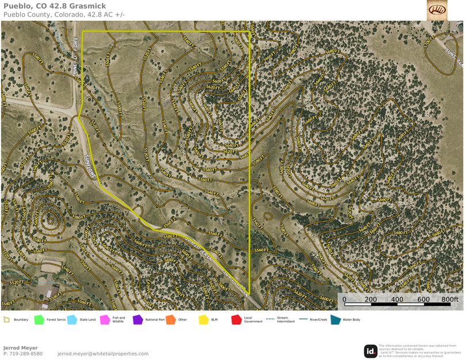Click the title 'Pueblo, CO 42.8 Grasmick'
click(54, 6)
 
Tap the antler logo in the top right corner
click(437, 10)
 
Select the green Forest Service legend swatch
click(39, 320)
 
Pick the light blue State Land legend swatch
click(73, 320)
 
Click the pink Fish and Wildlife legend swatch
click(105, 320)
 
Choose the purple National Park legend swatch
click(138, 320)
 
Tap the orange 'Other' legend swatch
click(170, 320)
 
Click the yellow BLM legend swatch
click(204, 320)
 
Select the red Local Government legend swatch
click(236, 320)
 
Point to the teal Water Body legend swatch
click(336, 320)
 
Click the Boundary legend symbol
click(6, 320)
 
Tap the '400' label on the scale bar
click(397, 300)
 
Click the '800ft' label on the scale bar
click(450, 300)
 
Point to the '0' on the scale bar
click(344, 300)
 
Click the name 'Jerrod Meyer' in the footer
click(20, 348)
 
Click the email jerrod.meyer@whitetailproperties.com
click(103, 354)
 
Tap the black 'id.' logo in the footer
click(371, 351)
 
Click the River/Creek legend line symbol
click(302, 320)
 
